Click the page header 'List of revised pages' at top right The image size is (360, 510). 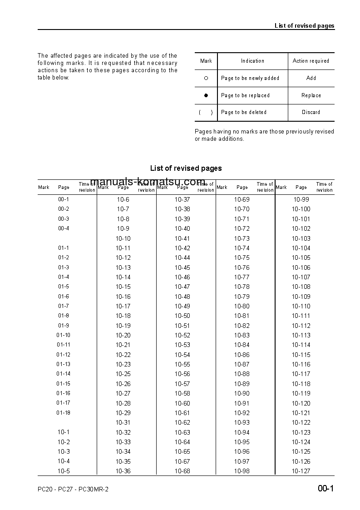coord(304,25)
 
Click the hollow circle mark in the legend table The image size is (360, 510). coord(206,78)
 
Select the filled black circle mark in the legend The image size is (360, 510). coord(206,95)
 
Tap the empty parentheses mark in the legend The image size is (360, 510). coord(206,113)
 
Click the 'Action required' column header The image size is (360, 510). coord(311,61)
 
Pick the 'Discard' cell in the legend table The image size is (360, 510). coord(311,112)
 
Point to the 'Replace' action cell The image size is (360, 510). coord(311,95)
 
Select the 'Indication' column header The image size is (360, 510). coord(252,61)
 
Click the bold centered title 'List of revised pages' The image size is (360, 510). coord(186,168)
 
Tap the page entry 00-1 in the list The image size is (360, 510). coord(64,199)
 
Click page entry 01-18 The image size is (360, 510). coord(64,413)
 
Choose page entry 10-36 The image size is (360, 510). coord(123,471)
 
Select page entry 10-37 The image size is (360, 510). coord(182,199)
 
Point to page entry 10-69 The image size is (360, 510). coord(242,199)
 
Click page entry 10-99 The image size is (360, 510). coord(301,199)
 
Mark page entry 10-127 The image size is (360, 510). coord(301,471)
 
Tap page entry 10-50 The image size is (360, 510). coord(182,316)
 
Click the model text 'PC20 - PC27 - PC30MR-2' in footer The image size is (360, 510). coord(73,489)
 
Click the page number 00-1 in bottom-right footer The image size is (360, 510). coord(325,489)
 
